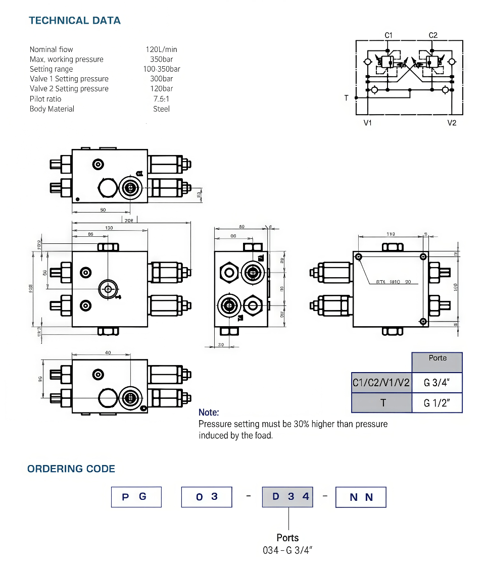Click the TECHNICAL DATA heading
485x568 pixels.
75,21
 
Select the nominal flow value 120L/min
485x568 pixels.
161,49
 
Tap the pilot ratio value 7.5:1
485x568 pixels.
161,99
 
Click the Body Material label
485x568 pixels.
52,109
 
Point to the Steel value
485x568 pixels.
161,109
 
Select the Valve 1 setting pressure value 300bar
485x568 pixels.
161,79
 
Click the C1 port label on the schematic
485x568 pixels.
389,35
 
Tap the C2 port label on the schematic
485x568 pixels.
433,35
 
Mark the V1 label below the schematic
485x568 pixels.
368,123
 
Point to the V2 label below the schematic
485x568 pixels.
452,123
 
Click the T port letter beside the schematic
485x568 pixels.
346,98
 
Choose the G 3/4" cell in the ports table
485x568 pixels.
437,383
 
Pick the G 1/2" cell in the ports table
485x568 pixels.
437,403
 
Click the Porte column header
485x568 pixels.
438,358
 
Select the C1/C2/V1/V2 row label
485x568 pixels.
381,383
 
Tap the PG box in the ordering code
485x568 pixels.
136,497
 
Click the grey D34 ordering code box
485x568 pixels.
288,497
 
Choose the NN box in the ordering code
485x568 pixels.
361,497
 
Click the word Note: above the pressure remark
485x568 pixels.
209,412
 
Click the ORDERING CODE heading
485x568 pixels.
71,469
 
